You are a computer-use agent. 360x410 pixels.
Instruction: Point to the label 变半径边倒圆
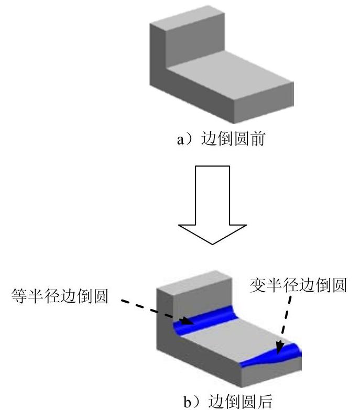click(x=297, y=286)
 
